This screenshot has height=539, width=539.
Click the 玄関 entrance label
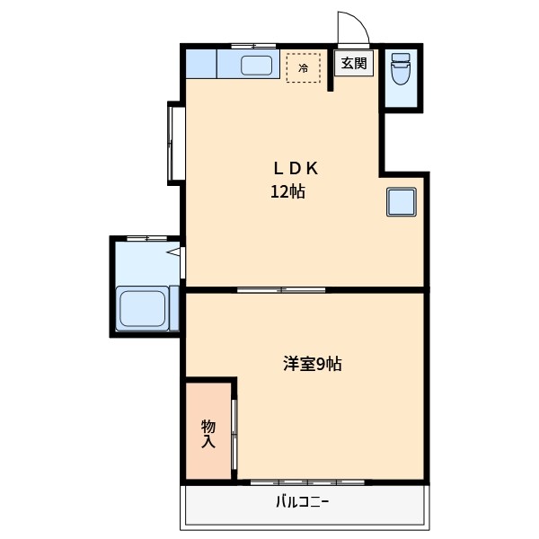tap(354, 63)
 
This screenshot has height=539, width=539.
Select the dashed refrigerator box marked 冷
tap(303, 67)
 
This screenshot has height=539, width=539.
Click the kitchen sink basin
tap(258, 65)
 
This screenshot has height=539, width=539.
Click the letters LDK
tap(296, 168)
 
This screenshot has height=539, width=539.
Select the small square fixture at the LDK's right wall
tap(401, 203)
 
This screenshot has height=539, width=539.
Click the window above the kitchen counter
tap(253, 45)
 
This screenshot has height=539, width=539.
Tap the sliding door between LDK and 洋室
tap(281, 289)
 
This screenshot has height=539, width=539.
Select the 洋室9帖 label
tap(312, 364)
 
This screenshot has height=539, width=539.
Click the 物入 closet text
tap(208, 433)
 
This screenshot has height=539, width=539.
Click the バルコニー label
tap(302, 502)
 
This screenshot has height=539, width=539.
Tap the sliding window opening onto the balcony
tap(307, 482)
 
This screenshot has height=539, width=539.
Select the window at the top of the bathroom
tap(146, 238)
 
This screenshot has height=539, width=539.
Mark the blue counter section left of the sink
tap(201, 64)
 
